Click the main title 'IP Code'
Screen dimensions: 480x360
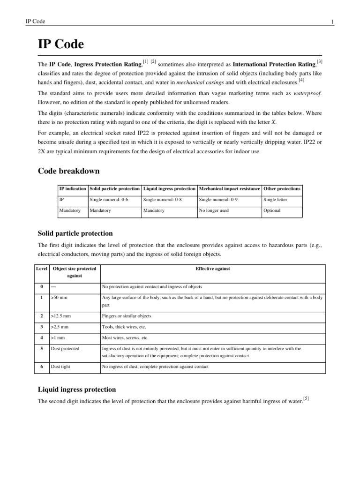60,45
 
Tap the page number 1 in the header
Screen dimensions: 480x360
332,22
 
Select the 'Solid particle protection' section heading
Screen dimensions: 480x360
75,233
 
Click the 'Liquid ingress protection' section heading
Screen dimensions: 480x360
76,390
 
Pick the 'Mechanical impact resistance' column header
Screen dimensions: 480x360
229,188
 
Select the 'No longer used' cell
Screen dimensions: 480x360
214,211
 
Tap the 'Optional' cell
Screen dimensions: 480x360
272,211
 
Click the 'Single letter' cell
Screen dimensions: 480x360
276,200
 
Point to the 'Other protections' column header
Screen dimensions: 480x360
282,188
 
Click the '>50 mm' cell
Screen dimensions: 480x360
60,298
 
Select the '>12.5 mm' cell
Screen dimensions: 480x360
61,316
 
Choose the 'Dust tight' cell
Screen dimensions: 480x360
60,367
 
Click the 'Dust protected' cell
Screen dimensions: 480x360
65,348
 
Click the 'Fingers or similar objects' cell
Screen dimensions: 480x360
127,316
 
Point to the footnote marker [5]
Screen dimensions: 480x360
306,398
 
